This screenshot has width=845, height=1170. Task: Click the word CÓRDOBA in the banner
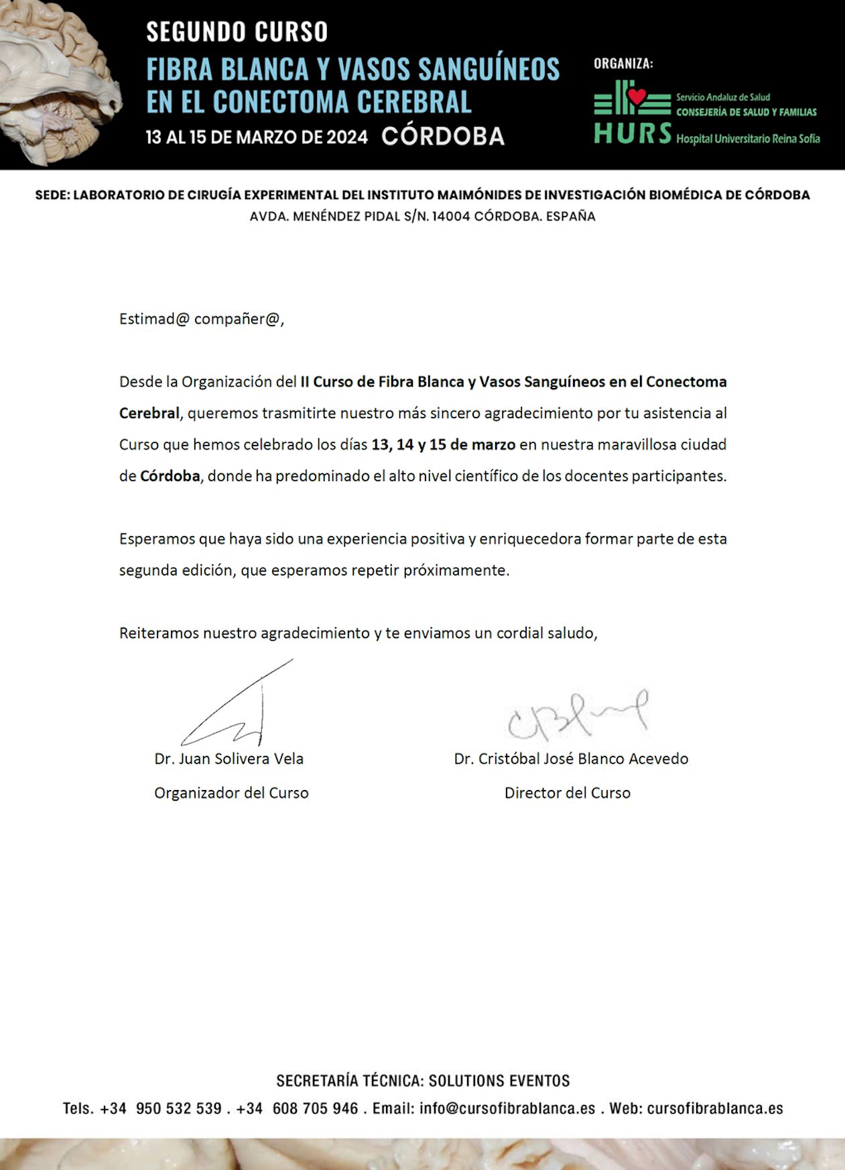click(x=443, y=136)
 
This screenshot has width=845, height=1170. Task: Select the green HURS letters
click(x=633, y=133)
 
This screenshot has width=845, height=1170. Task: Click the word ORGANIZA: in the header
click(x=623, y=64)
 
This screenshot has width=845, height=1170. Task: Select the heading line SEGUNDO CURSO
click(x=237, y=32)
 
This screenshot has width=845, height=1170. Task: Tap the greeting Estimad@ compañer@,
click(x=202, y=319)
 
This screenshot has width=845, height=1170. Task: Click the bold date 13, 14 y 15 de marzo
click(x=443, y=444)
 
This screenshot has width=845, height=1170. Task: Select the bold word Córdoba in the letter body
click(x=170, y=476)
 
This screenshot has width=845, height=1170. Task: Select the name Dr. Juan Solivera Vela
click(x=229, y=759)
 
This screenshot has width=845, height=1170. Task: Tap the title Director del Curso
click(x=567, y=793)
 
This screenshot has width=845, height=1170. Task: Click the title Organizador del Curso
click(x=231, y=793)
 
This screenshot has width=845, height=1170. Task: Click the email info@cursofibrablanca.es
click(x=507, y=1108)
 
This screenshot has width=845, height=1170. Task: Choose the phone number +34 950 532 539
click(x=161, y=1108)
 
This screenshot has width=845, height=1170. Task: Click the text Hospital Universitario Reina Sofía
click(x=748, y=139)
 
